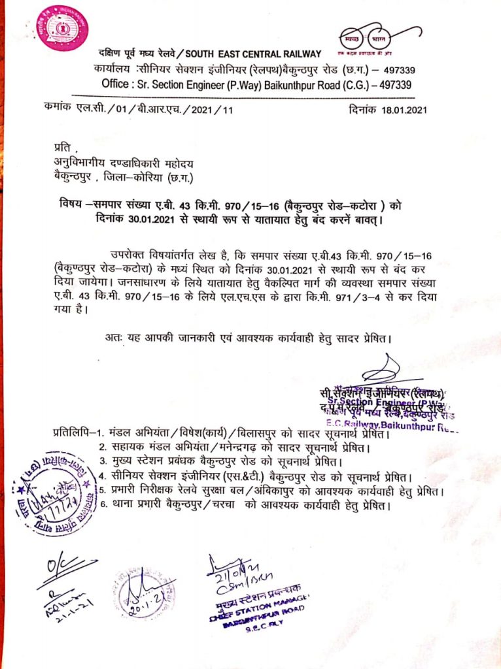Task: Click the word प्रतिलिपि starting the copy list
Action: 70,434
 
